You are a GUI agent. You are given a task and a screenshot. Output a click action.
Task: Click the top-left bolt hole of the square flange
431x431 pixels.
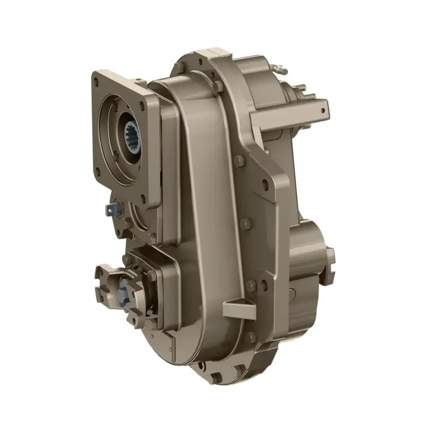tap(97, 82)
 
